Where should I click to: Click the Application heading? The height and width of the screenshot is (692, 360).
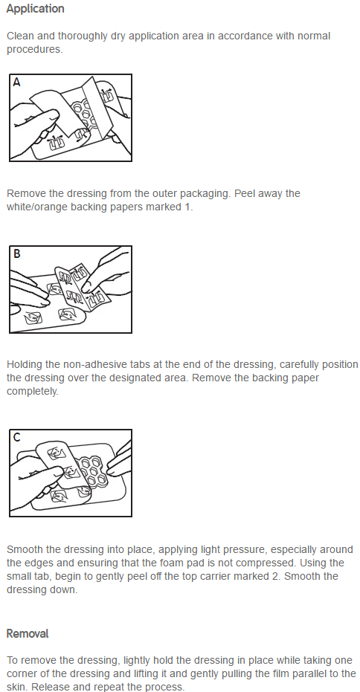pyautogui.click(x=36, y=9)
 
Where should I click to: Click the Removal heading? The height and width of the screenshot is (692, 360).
pyautogui.click(x=28, y=634)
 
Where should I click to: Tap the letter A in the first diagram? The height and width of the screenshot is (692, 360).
pyautogui.click(x=17, y=82)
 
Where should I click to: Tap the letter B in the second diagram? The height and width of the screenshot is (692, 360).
pyautogui.click(x=17, y=253)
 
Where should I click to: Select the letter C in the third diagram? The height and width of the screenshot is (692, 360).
pyautogui.click(x=17, y=437)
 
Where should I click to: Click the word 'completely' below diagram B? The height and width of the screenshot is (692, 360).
pyautogui.click(x=32, y=392)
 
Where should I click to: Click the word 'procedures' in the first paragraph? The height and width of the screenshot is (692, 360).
pyautogui.click(x=33, y=49)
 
